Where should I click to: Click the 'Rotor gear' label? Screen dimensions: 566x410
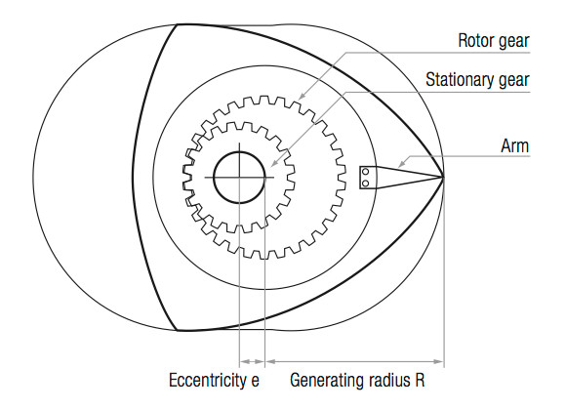(x=494, y=41)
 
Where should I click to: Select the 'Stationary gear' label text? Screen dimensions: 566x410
(x=477, y=80)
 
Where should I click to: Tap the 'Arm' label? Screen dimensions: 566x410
(x=514, y=145)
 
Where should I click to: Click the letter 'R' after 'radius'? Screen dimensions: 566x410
(x=420, y=380)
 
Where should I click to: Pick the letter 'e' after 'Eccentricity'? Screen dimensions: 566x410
(x=256, y=382)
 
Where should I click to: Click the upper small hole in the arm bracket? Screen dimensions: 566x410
(x=365, y=171)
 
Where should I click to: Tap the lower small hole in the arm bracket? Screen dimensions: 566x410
(x=365, y=184)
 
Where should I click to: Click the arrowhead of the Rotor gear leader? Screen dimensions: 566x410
(x=302, y=96)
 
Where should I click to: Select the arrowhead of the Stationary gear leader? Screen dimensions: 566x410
(x=273, y=164)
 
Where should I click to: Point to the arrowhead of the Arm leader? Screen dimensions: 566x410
(x=401, y=164)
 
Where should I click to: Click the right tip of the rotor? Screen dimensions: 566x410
(x=444, y=177)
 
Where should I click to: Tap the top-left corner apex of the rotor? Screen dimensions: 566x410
(x=177, y=24)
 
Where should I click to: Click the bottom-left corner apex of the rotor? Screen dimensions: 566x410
(x=177, y=330)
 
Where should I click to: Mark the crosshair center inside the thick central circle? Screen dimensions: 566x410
(x=239, y=177)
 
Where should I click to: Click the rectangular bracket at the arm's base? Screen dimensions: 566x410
(x=368, y=178)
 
